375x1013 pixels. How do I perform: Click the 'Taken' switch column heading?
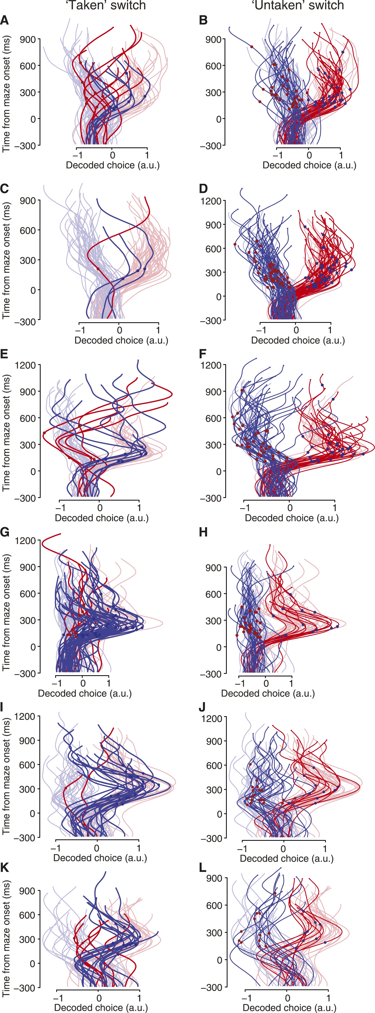105,5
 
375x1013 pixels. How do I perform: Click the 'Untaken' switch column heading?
298,5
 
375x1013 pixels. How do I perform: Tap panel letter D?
203,189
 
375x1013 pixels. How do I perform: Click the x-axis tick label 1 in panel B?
341,155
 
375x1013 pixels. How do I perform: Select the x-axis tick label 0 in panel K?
99,998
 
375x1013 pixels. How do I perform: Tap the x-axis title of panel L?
289,1008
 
